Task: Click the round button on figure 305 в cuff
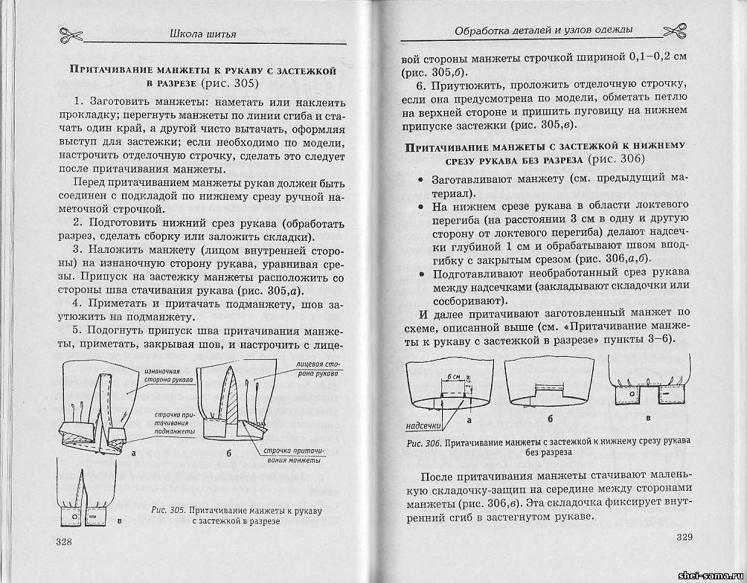[x=74, y=515]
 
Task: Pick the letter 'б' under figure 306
[x=550, y=419]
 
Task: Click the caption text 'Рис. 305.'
[x=167, y=511]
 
